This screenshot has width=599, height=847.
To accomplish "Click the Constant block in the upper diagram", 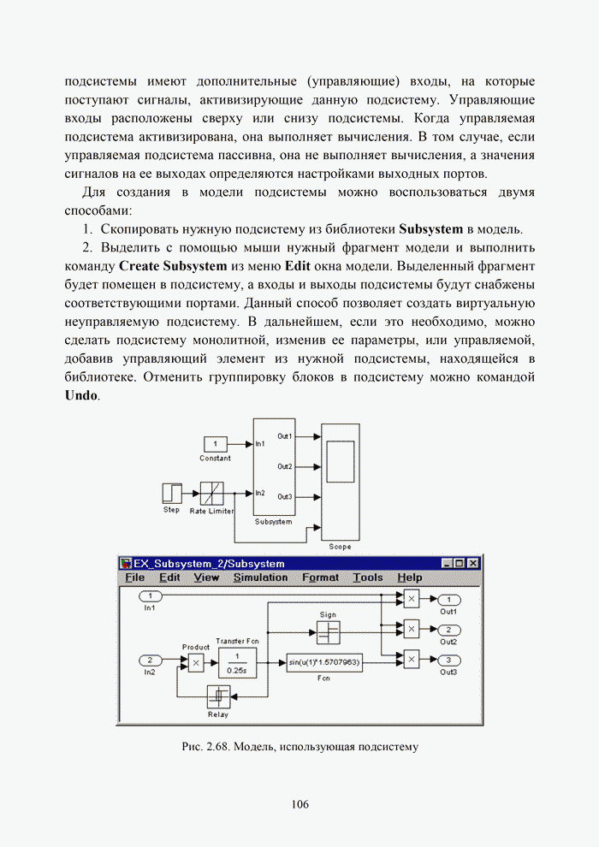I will tap(215, 444).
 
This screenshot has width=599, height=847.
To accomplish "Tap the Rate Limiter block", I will tap(211, 494).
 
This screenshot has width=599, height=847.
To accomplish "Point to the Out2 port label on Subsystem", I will tap(285, 466).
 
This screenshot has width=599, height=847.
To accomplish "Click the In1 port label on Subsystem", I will tap(261, 444).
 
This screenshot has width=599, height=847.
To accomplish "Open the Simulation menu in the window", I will tap(260, 577).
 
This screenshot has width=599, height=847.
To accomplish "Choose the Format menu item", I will tap(320, 577).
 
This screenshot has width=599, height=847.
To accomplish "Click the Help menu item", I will tap(410, 577).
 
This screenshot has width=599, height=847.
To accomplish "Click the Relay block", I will tap(218, 697).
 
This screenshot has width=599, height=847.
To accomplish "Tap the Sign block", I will tap(328, 632).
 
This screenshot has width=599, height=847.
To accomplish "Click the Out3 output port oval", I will tap(449, 660).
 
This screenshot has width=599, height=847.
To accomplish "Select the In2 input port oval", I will tap(151, 660).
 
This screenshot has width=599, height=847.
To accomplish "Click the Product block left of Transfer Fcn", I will tap(196, 663).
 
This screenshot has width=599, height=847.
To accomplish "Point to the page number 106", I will tap(299, 804).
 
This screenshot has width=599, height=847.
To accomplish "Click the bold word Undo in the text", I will tap(81, 396).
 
